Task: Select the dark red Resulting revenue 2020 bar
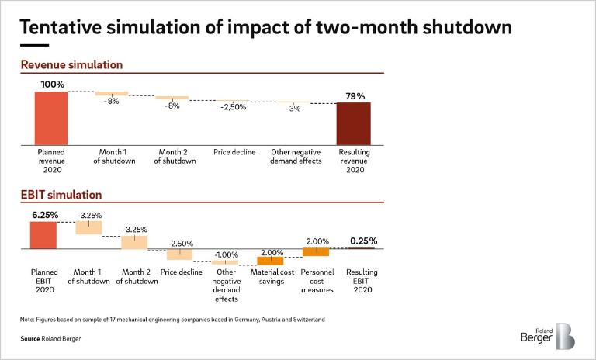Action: click(x=353, y=123)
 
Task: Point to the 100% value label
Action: click(x=52, y=84)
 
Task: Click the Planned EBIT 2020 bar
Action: click(x=43, y=235)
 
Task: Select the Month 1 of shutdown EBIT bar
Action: click(x=88, y=227)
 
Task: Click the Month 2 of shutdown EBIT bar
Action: click(x=134, y=242)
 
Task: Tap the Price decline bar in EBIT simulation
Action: click(x=180, y=254)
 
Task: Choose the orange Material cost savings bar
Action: click(x=270, y=261)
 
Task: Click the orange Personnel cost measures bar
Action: click(x=316, y=252)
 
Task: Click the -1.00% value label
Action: click(x=226, y=254)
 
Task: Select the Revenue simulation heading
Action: click(x=71, y=65)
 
